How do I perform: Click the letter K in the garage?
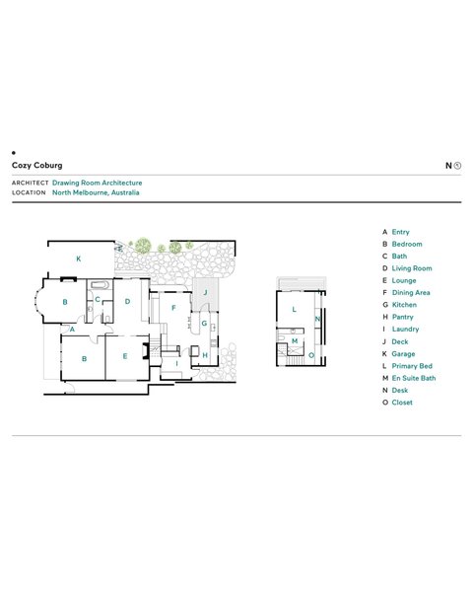click(x=79, y=259)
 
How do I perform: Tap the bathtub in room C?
click(x=100, y=285)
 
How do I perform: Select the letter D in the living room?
click(x=127, y=301)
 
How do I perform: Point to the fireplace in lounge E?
click(x=145, y=350)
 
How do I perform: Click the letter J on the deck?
click(x=206, y=292)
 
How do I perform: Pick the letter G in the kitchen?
click(x=204, y=324)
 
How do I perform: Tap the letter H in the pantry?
click(x=205, y=355)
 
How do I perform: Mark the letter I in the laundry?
click(x=176, y=363)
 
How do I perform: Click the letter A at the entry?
click(x=72, y=330)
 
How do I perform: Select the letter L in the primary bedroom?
click(x=295, y=309)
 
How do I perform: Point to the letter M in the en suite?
click(x=295, y=341)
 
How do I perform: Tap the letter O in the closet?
click(x=311, y=355)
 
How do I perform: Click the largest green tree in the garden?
click(x=143, y=246)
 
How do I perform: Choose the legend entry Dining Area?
click(x=411, y=293)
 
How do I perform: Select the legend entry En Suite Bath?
click(x=414, y=378)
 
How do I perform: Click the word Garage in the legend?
click(x=403, y=354)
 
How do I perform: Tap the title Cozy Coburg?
click(x=37, y=166)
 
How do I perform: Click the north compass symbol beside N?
click(x=457, y=166)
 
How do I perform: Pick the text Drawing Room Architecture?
click(x=97, y=183)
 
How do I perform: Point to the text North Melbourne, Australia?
click(x=96, y=192)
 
